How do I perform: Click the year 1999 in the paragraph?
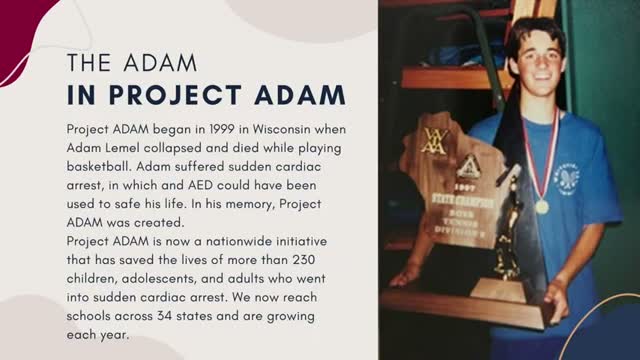tap(222, 129)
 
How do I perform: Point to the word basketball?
tap(99, 167)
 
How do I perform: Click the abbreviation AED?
tap(200, 185)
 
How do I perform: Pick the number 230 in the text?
tap(304, 260)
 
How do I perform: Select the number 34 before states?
tap(164, 316)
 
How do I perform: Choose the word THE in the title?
tap(89, 63)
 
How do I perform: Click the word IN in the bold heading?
tap(81, 95)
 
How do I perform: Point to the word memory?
tap(250, 204)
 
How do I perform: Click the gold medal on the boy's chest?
tap(542, 207)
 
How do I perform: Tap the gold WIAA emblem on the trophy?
tap(434, 141)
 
